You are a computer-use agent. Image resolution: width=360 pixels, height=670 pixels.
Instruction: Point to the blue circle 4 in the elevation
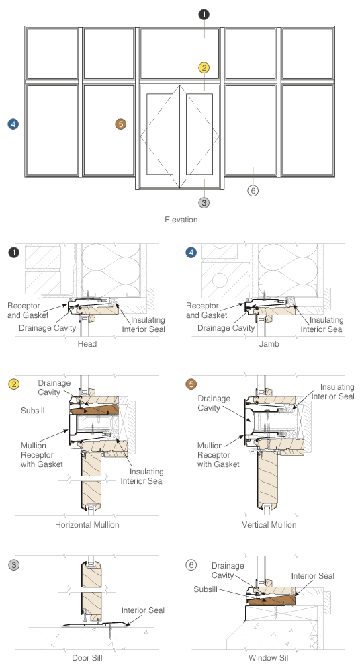[13, 124]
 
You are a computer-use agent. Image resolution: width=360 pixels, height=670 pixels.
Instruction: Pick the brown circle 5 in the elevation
[121, 124]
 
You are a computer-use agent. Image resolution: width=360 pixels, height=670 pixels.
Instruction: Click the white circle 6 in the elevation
[253, 190]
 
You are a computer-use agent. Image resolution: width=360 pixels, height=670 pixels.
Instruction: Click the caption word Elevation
[181, 219]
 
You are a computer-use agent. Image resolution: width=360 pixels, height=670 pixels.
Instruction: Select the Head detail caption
[87, 343]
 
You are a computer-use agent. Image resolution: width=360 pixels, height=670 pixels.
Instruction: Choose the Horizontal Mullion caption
[87, 525]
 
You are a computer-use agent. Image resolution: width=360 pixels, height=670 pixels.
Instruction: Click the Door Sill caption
[87, 658]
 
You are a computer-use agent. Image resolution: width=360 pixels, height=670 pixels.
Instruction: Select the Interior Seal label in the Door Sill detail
[142, 610]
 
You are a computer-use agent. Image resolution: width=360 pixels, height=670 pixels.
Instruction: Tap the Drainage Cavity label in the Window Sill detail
[228, 571]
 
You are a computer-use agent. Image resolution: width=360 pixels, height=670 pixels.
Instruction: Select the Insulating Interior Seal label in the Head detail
[143, 325]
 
